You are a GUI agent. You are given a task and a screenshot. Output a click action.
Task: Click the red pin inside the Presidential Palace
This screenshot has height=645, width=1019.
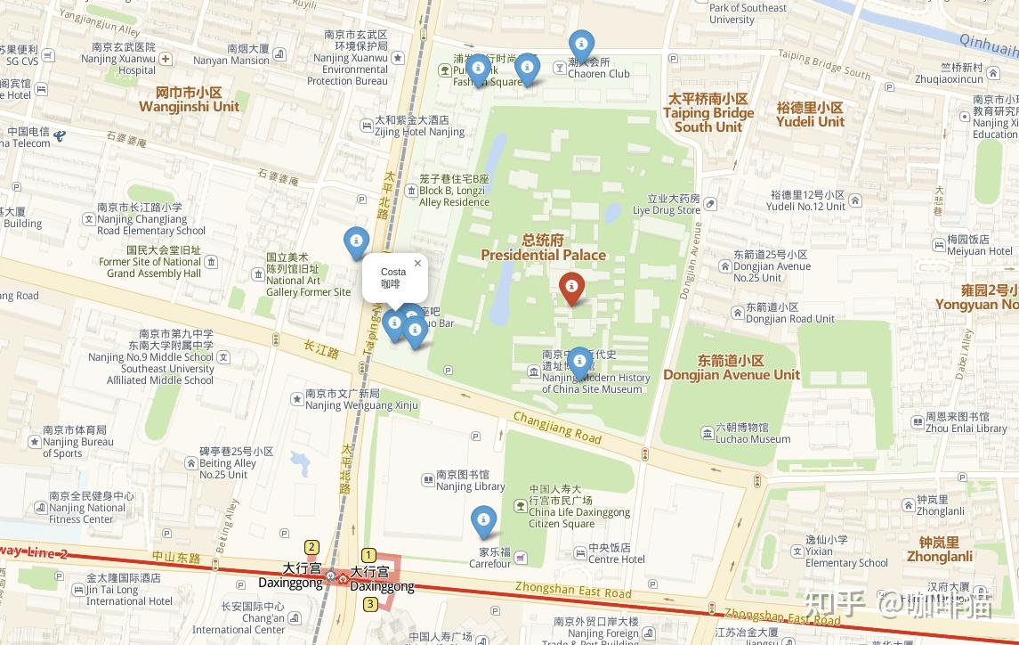click(x=571, y=287)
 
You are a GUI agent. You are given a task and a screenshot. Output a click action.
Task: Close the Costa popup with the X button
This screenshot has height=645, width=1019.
click(x=417, y=264)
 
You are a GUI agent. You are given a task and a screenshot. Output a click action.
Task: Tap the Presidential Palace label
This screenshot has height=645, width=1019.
click(x=543, y=248)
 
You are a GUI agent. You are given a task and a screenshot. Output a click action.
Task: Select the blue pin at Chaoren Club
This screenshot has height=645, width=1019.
click(x=581, y=44)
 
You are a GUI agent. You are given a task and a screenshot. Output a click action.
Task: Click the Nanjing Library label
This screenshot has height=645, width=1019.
click(x=470, y=481)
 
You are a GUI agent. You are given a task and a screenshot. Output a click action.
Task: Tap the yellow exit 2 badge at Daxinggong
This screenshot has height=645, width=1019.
click(x=311, y=547)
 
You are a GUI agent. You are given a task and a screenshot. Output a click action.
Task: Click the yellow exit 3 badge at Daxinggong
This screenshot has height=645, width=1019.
click(x=370, y=604)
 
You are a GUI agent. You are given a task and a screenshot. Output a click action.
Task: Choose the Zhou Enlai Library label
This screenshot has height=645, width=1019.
click(x=966, y=422)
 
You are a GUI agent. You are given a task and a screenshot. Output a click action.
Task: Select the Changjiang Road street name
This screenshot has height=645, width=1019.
click(x=557, y=429)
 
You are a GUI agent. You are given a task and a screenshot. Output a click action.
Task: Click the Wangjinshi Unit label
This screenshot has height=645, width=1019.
click(x=189, y=100)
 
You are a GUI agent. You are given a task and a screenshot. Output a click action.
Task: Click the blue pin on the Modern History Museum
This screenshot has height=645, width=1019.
click(x=579, y=361)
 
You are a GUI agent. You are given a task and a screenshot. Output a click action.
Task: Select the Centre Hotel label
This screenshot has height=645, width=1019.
click(x=616, y=553)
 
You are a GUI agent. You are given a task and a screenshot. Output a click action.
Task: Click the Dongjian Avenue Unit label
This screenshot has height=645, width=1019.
click(x=731, y=368)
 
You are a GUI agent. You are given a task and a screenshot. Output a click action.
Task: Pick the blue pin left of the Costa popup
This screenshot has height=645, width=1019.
click(x=356, y=241)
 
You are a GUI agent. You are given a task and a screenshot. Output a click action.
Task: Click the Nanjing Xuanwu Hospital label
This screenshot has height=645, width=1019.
click(x=124, y=59)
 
